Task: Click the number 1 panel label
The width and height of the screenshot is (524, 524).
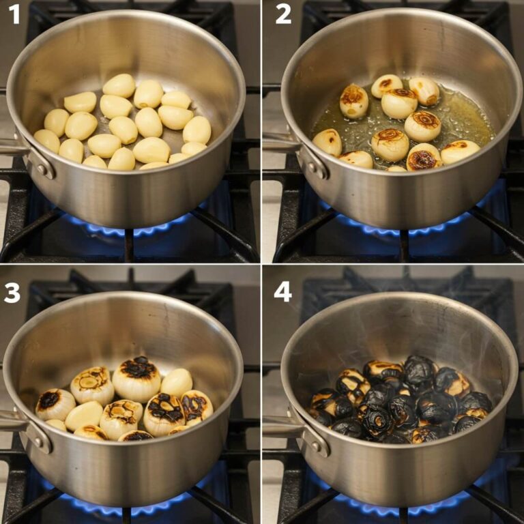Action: (14, 14)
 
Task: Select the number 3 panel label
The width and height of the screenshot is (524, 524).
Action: (12, 292)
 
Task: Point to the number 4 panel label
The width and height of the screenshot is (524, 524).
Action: (282, 292)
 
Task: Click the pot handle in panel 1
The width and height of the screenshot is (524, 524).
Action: (14, 147)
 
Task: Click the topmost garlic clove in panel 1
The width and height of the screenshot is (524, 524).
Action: (119, 85)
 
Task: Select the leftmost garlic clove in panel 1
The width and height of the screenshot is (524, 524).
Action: (47, 140)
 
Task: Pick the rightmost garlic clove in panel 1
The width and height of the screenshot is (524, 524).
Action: (197, 130)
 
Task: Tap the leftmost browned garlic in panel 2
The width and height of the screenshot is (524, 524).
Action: (328, 142)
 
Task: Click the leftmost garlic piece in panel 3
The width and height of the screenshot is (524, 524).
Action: (55, 404)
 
